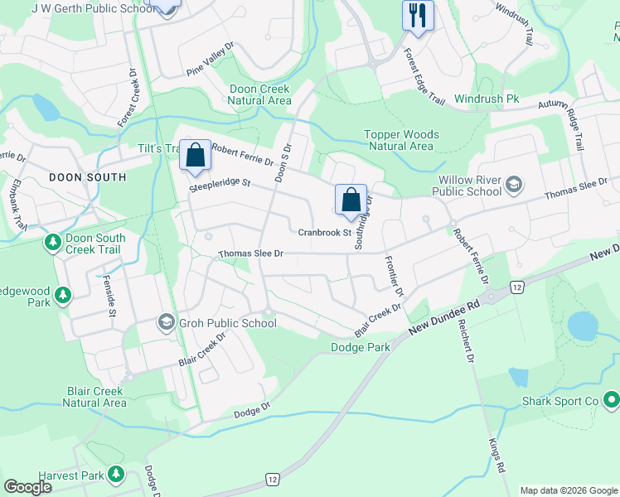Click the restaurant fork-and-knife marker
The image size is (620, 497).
coord(418,15)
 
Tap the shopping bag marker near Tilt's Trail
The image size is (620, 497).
coord(196,155)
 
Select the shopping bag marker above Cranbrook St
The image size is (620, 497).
coord(351,200)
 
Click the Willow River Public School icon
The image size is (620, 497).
coord(514,184)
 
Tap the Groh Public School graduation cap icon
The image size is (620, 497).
coord(166,322)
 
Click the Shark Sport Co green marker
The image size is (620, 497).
coord(612,401)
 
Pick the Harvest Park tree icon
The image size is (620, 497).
coord(117,475)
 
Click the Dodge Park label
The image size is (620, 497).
coord(360,348)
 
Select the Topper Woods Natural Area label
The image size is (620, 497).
coord(401,140)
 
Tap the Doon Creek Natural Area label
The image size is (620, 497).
coord(259,94)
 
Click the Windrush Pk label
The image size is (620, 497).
coord(487,99)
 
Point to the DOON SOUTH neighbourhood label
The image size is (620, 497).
coord(87,177)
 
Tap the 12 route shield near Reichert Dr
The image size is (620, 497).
coord(516,287)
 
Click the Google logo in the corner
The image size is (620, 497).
coord(27,487)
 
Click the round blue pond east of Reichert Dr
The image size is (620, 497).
coord(583,325)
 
